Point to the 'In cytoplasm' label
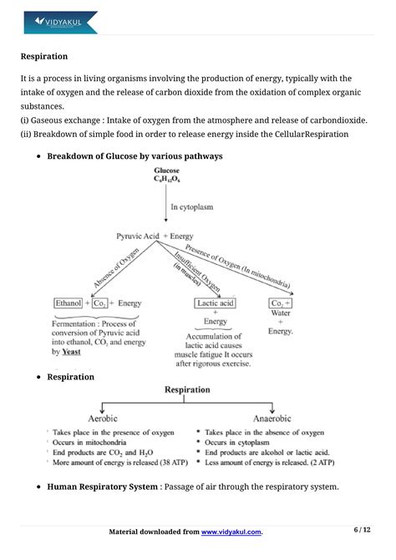[194, 206]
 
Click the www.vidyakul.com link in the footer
[231, 532]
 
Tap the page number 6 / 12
[362, 530]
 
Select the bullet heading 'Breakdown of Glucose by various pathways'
[135, 156]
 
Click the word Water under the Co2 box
[280, 314]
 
